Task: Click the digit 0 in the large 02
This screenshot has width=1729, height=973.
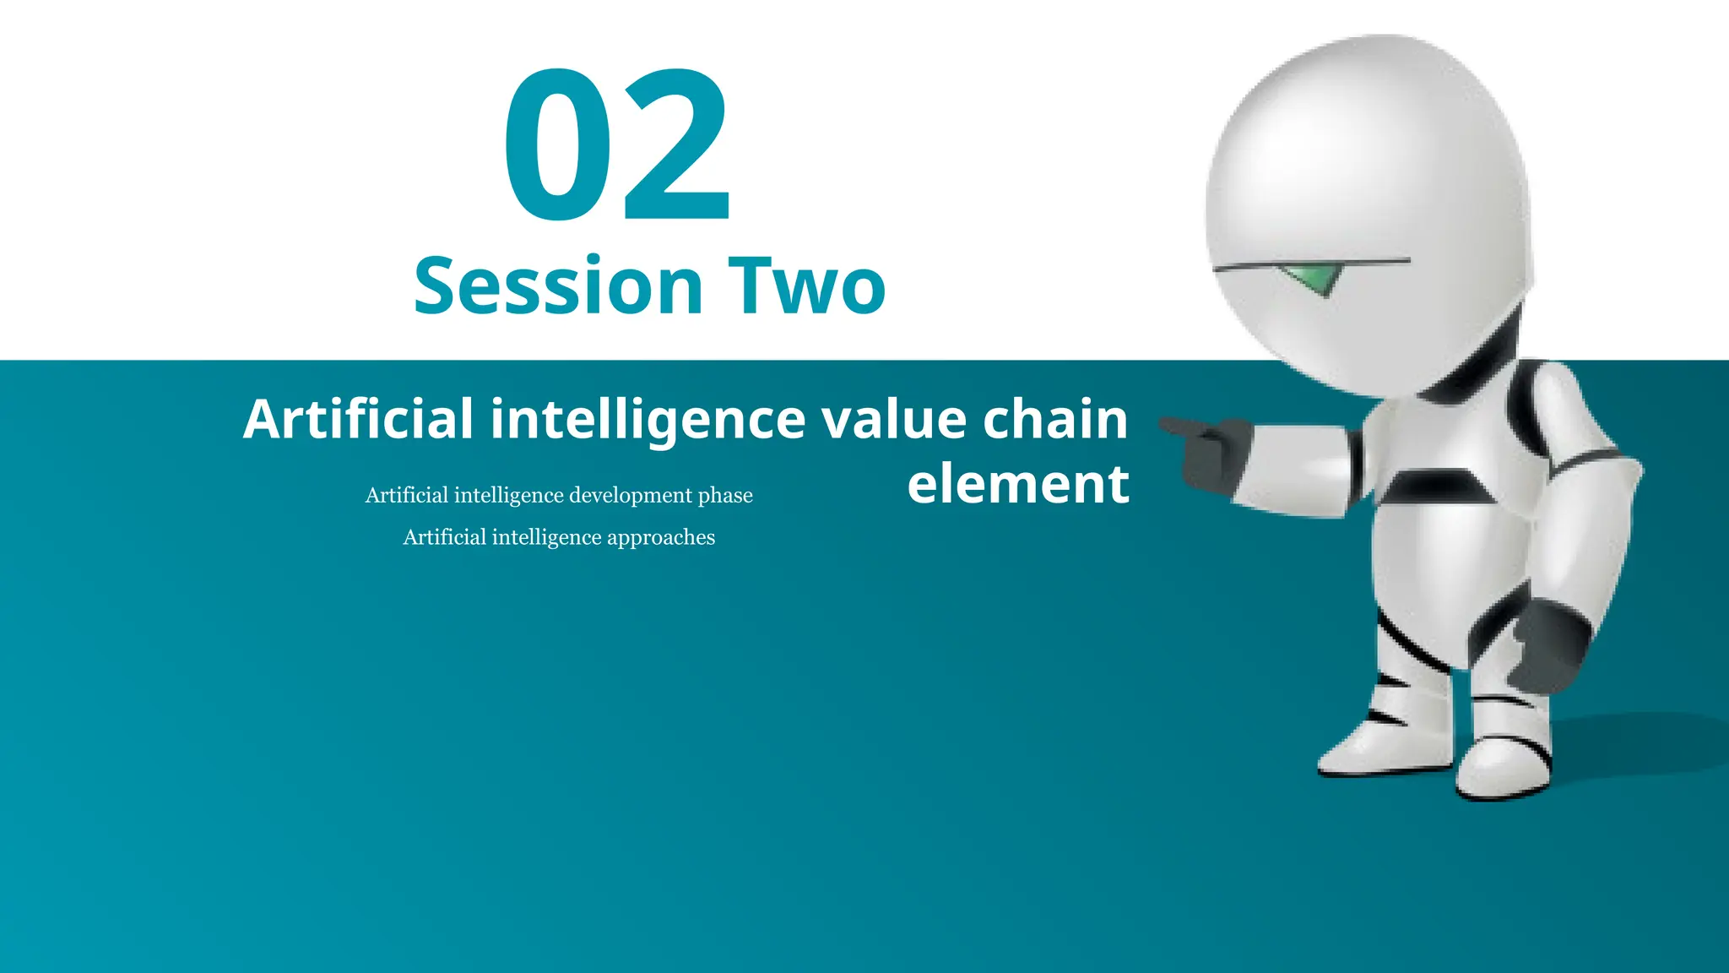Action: point(557,145)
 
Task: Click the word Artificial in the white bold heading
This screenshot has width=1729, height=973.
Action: point(358,419)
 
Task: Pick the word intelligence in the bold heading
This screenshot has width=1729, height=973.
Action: point(648,421)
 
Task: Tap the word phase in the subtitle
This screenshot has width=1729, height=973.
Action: point(725,496)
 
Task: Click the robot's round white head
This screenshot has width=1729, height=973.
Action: point(1368,169)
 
